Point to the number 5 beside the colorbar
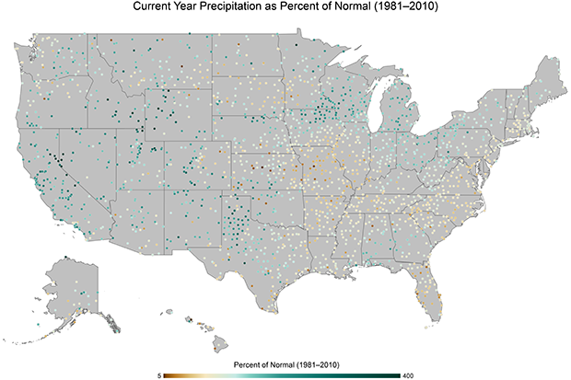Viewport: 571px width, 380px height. coord(159,374)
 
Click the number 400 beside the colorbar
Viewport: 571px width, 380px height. coord(408,374)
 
